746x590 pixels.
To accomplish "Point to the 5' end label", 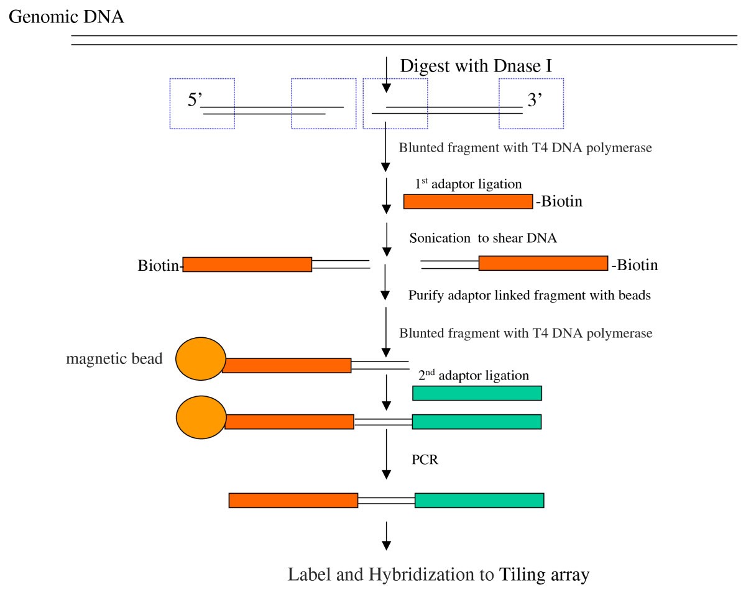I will point(195,101).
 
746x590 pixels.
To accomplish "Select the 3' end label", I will point(536,101).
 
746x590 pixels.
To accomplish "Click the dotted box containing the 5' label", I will point(202,103).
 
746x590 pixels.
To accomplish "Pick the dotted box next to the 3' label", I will point(531,103).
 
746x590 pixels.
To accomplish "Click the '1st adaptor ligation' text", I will point(468,184).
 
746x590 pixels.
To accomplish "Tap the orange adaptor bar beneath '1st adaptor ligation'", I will point(468,201).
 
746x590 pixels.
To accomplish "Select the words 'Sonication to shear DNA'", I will point(481,239).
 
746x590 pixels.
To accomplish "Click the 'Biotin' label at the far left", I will point(159,266).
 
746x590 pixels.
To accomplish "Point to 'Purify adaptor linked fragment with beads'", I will point(529,296).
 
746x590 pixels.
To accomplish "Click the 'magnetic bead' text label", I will point(114,360).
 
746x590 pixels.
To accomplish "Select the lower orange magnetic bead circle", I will point(201,417).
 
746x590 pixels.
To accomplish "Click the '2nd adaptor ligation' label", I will point(473,376).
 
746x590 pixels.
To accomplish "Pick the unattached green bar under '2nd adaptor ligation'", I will point(477,393).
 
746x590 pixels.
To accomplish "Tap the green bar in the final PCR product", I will point(479,501).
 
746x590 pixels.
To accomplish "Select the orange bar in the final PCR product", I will point(293,501).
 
